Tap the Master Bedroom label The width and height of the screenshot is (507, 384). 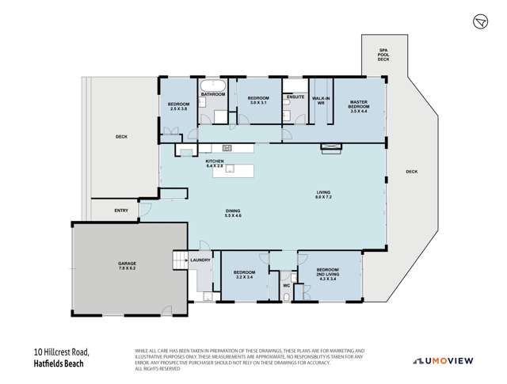pos(360,105)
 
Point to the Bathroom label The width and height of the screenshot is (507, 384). pos(212,95)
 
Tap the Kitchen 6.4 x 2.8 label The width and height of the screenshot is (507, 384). pos(215,164)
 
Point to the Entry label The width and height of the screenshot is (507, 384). pos(121,210)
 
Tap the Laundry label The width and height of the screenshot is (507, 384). pos(200,260)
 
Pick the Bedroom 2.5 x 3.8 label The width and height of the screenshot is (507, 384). pos(178,107)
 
